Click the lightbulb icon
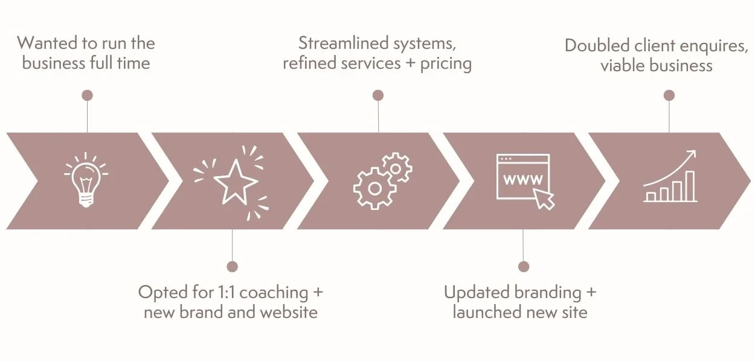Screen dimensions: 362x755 pos(86,180)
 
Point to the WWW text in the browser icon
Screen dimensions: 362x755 pos(523,179)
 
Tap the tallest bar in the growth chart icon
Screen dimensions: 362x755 pos(690,186)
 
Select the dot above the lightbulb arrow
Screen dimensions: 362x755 pos(87,95)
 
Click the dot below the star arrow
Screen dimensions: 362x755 pos(232,266)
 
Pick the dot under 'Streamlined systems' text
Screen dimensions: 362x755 pos(378,95)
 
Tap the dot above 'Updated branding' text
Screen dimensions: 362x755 pos(524,266)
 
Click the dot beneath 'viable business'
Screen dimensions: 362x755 pos(669,95)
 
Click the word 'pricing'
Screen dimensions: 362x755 pos(446,64)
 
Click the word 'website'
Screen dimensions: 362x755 pos(289,312)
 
